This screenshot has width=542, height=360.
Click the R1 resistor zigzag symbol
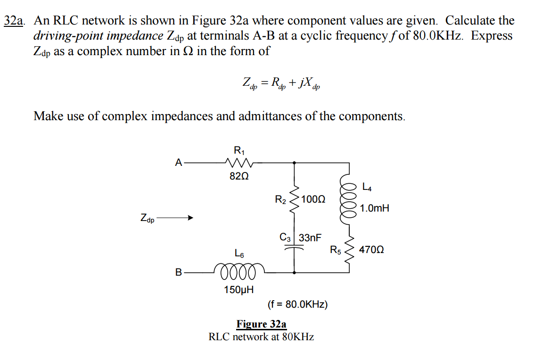[x=239, y=163]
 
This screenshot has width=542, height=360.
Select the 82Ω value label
[x=239, y=177]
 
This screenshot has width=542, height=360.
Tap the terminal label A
[x=178, y=163]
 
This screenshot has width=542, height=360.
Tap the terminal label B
[x=178, y=272]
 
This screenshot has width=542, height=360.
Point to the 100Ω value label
[x=313, y=199]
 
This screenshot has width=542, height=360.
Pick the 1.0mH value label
[x=375, y=208]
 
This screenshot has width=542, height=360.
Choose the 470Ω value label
[x=371, y=250]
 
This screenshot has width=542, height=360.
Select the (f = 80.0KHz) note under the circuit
[x=297, y=304]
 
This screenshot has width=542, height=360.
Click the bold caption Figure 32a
[x=261, y=324]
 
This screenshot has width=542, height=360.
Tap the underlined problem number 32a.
[x=15, y=21]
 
